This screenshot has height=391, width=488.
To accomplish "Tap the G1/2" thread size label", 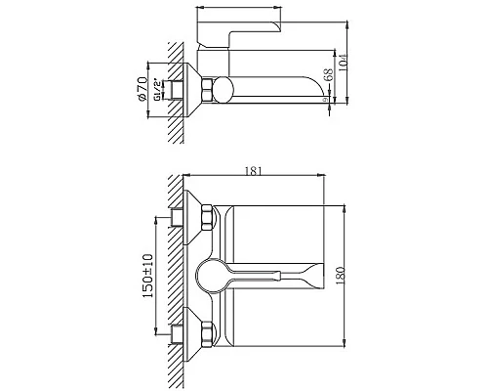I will tap(159, 92).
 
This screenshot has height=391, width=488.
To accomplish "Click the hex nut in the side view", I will tap(207, 91).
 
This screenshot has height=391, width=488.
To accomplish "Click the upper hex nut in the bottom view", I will tap(206, 220).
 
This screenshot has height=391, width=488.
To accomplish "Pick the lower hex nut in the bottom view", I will tap(206, 335).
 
